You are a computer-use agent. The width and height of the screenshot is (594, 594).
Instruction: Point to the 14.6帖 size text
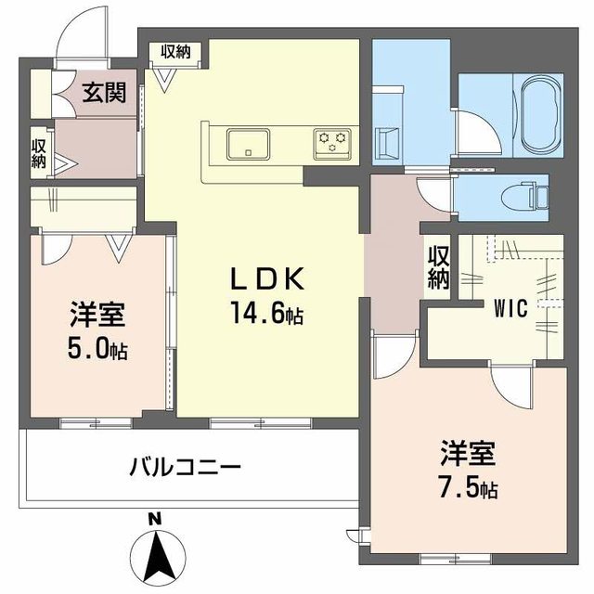click(268, 316)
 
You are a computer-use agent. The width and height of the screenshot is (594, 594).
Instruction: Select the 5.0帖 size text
click(97, 351)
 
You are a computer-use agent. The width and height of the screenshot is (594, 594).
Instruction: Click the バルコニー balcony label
click(185, 464)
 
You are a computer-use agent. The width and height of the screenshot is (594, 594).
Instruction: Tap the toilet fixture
click(535, 196)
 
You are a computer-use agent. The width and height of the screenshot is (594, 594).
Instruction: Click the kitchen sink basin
click(248, 144)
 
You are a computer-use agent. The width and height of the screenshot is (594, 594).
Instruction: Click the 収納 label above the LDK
click(174, 52)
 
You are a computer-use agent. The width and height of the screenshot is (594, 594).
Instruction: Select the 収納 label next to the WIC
click(438, 267)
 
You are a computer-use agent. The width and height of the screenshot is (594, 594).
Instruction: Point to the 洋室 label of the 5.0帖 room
click(97, 316)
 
